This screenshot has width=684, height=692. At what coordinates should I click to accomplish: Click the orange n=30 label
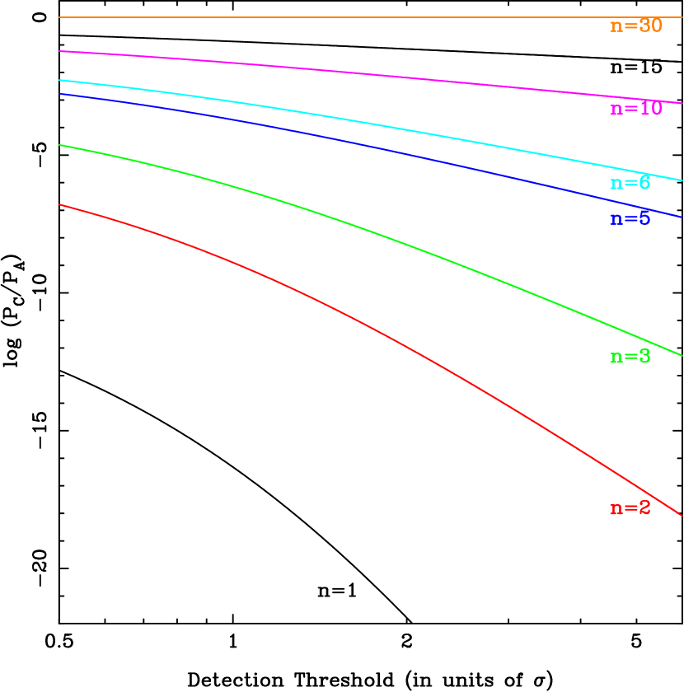pyautogui.click(x=635, y=26)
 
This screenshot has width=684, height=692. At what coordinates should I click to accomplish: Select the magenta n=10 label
pyautogui.click(x=635, y=109)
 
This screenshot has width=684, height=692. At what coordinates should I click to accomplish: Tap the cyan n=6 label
pyautogui.click(x=630, y=183)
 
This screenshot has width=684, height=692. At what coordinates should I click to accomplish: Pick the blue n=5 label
pyautogui.click(x=630, y=219)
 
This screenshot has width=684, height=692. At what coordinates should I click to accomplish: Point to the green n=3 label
pyautogui.click(x=630, y=357)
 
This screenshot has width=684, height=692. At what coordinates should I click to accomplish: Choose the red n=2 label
pyautogui.click(x=630, y=508)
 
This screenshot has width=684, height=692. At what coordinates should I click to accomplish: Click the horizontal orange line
pyautogui.click(x=330, y=17)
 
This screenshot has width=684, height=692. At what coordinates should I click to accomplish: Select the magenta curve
pyautogui.click(x=330, y=71)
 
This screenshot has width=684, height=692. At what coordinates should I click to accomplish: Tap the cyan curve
pyautogui.click(x=330, y=117)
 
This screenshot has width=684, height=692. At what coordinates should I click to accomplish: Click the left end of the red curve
pyautogui.click(x=59, y=204)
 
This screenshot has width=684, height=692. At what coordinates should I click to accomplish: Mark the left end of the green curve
pyautogui.click(x=59, y=145)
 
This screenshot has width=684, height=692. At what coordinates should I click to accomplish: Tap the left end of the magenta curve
pyautogui.click(x=59, y=51)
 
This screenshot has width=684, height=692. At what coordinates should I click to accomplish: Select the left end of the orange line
pyautogui.click(x=59, y=17)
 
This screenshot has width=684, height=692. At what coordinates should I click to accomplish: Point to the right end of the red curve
pyautogui.click(x=682, y=516)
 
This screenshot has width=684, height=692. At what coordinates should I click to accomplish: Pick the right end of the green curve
pyautogui.click(x=682, y=355)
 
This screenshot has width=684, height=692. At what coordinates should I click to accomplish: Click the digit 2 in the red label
pyautogui.click(x=644, y=508)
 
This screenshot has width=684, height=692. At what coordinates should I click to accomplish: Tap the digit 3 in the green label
pyautogui.click(x=644, y=357)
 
